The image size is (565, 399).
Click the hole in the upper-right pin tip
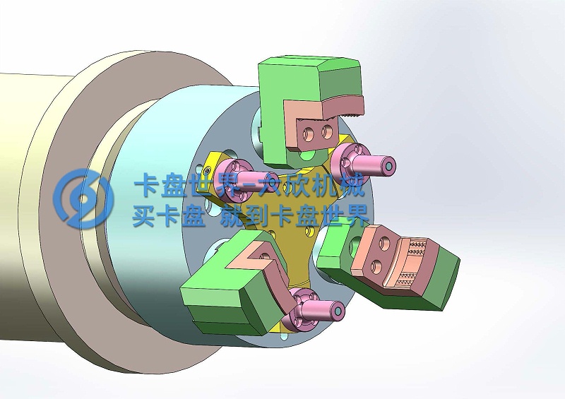[390, 167]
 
